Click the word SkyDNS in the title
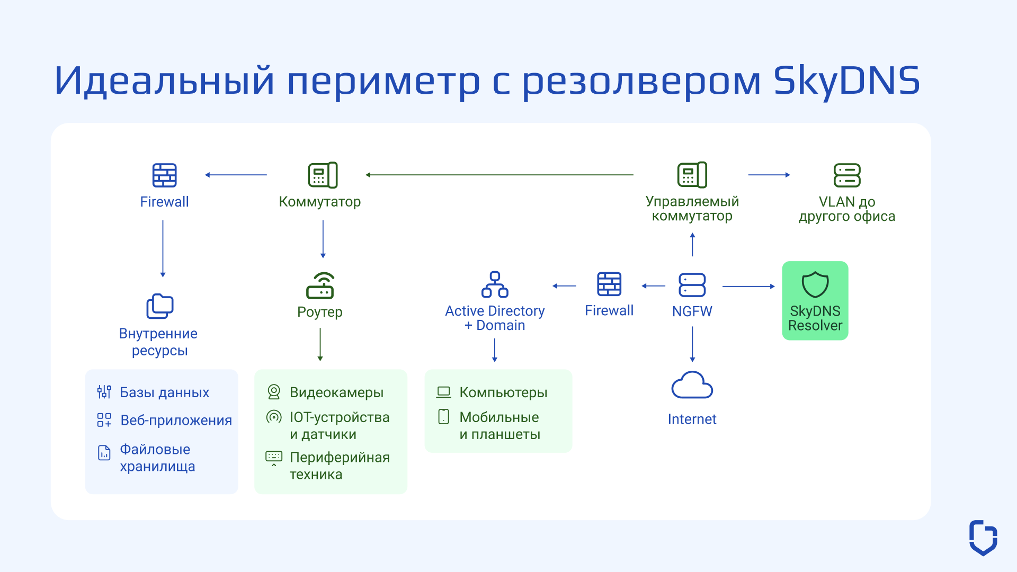846,81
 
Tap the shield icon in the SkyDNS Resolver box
815,285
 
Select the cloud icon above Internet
692,385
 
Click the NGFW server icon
692,285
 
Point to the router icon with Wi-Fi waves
320,286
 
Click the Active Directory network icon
494,285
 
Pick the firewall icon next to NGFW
609,284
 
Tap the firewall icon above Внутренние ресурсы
164,175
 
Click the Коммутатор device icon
323,175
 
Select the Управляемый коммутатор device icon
692,175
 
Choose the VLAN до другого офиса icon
846,175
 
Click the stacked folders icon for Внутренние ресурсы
159,306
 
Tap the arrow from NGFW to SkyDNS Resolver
748,287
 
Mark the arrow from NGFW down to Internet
692,344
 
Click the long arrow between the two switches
499,175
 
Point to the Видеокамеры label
336,392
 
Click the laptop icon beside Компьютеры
443,392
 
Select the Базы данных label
164,392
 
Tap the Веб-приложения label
176,421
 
